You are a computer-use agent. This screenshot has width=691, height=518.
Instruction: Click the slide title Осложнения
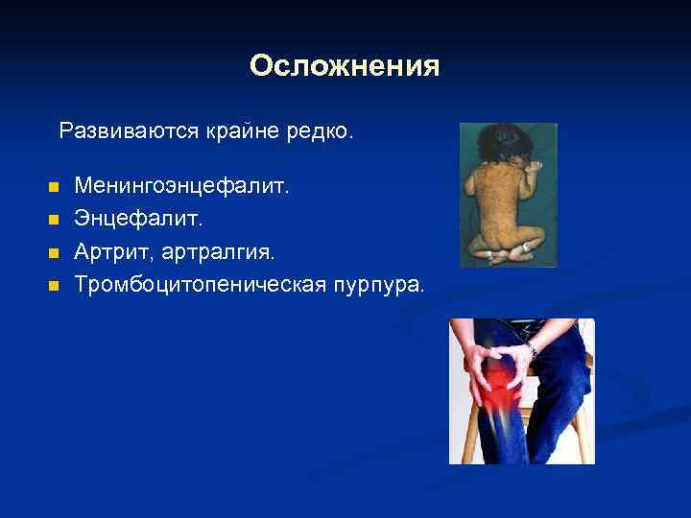tap(345, 66)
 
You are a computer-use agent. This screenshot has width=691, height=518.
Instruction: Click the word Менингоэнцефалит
tap(181, 185)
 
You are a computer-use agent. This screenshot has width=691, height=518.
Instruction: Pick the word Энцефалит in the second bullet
tap(138, 219)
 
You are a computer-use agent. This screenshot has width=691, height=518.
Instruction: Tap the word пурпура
tap(383, 284)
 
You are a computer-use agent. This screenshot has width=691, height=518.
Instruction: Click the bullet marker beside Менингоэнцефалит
tap(53, 186)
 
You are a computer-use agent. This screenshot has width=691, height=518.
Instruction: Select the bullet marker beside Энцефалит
tap(53, 220)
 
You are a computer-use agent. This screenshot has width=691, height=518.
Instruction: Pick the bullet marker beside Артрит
tap(53, 252)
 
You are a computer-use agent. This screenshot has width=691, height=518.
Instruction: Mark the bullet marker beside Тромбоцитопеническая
tap(53, 285)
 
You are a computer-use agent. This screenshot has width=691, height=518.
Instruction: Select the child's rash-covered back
tap(504, 206)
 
